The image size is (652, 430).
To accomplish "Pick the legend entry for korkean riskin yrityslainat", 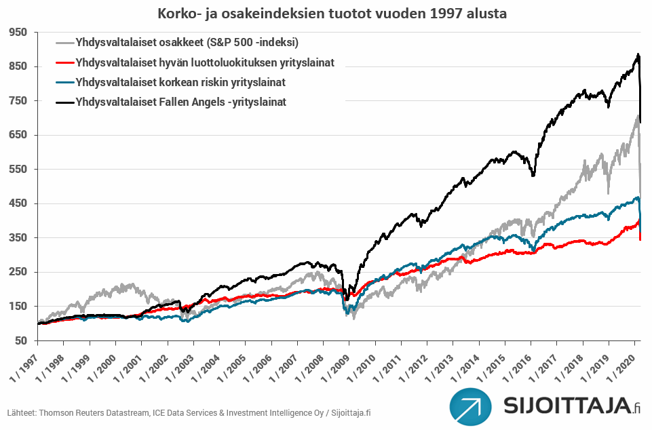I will point(180,83).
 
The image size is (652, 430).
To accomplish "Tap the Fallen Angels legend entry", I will point(180,102).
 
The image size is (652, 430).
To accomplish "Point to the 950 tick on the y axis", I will point(18,32).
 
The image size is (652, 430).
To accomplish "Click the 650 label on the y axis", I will point(18,135).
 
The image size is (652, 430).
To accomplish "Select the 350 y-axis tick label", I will point(18,238).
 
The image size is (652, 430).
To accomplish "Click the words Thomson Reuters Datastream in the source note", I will point(80,413).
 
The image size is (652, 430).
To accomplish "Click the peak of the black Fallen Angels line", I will point(638,55).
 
